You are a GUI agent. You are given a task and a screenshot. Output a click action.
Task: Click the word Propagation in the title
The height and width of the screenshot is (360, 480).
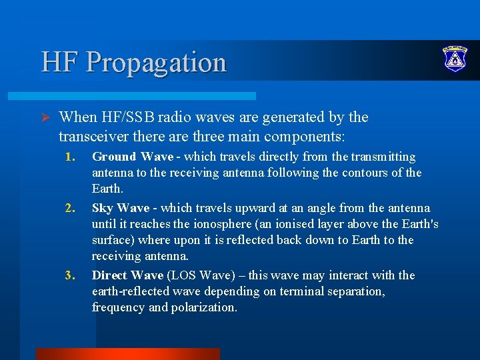coord(156,63)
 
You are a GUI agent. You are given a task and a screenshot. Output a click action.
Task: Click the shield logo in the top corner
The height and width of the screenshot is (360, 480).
coord(455,60)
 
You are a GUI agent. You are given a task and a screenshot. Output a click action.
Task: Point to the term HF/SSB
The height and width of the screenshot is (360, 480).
coord(129,117)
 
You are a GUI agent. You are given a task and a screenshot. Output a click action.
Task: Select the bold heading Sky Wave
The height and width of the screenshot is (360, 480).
coord(120,208)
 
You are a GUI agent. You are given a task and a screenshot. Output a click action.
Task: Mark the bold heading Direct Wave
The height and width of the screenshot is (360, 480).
coord(127,275)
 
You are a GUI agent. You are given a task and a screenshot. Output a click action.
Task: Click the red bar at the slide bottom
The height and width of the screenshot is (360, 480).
coord(127,353)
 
